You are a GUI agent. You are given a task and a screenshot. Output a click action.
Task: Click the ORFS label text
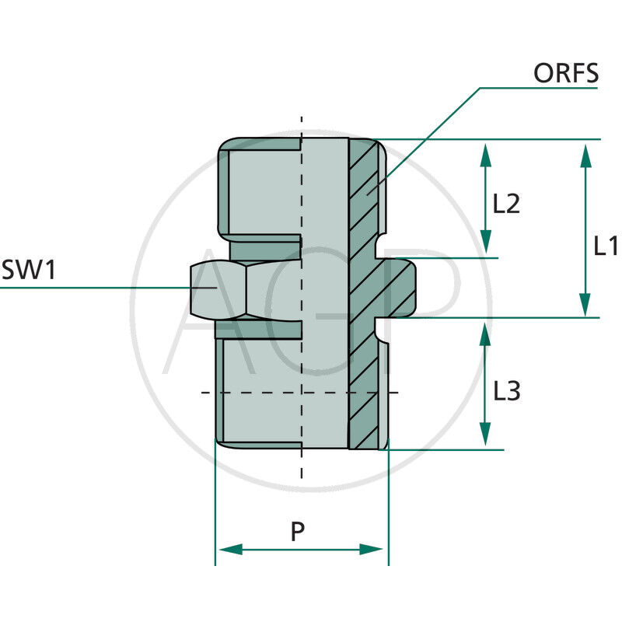[565, 73]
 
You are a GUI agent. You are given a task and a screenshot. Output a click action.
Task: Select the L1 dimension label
[605, 246]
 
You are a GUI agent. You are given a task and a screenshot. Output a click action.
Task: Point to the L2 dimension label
[506, 204]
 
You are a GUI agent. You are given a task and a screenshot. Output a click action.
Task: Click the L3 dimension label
[506, 391]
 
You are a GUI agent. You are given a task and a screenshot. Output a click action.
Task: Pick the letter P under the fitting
[298, 532]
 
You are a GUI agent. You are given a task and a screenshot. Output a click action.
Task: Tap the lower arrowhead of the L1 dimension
[585, 305]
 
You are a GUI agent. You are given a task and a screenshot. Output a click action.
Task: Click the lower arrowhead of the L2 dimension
[486, 243]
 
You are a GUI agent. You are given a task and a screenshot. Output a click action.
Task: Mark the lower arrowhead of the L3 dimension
[486, 435]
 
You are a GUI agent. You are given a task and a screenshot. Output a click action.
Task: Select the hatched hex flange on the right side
[398, 288]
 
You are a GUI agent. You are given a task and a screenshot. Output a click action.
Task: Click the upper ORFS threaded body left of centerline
[260, 190]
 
